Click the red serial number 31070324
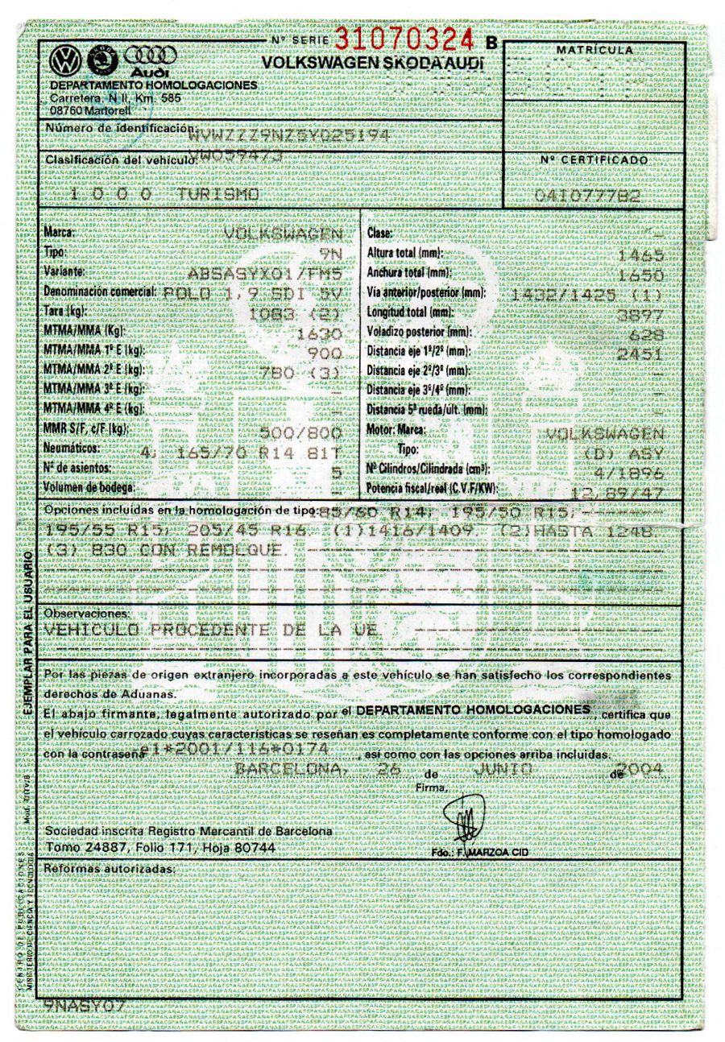pos(405,38)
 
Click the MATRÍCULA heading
pos(594,51)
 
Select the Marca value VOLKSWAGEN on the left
pos(283,234)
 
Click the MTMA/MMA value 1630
pos(321,333)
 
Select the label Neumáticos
pos(72,449)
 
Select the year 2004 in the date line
pos(644,770)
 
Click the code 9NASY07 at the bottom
pos(85,1006)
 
